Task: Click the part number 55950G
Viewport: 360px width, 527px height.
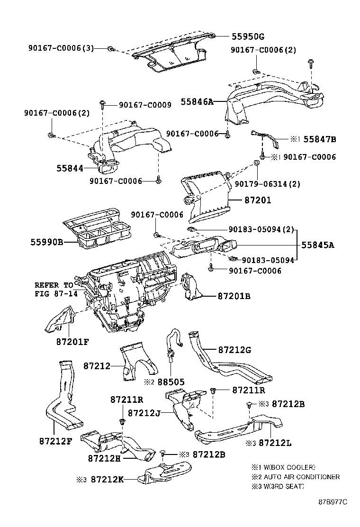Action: (248, 36)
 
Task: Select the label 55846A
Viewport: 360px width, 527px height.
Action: (198, 101)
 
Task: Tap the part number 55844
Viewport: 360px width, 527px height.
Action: (70, 168)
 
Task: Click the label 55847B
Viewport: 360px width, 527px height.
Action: (320, 139)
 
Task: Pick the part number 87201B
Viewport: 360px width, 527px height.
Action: (234, 296)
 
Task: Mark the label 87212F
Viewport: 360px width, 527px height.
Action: (55, 441)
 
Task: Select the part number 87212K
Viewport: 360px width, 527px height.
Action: (107, 479)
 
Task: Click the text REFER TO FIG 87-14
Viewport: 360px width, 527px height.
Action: (54, 289)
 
